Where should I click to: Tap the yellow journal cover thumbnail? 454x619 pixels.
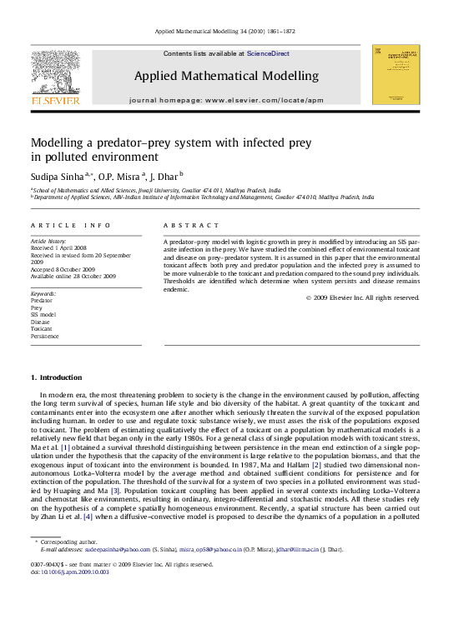(x=396, y=74)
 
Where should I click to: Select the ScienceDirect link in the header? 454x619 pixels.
(x=269, y=53)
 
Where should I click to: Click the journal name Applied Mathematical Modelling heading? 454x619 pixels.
(x=226, y=76)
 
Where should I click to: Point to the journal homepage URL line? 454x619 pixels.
(x=226, y=100)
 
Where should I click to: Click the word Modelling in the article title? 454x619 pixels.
(x=58, y=142)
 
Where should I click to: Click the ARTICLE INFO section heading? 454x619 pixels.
(x=70, y=226)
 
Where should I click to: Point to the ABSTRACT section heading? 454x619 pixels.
(x=191, y=226)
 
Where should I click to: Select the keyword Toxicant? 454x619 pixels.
(x=42, y=329)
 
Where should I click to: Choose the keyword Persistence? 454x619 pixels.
(x=45, y=337)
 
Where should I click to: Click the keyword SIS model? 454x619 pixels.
(x=43, y=314)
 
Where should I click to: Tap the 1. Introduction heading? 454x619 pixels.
(x=57, y=377)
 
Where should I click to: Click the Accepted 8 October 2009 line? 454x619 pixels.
(x=66, y=269)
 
